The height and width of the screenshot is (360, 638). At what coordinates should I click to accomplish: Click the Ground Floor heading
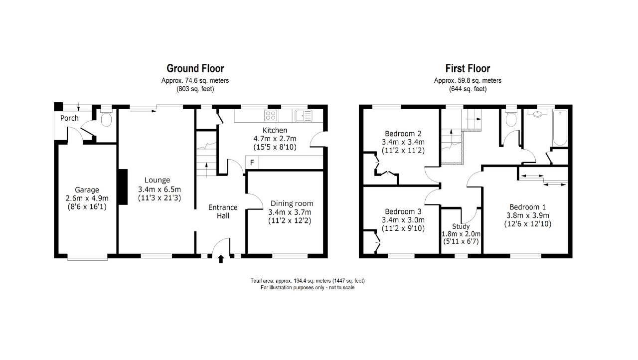tap(195, 69)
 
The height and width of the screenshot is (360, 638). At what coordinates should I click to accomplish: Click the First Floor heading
tap(468, 69)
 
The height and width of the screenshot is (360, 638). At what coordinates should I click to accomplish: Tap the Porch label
tap(69, 118)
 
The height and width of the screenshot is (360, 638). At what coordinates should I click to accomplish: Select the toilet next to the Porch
tap(107, 119)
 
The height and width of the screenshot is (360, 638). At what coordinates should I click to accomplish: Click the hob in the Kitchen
tap(271, 116)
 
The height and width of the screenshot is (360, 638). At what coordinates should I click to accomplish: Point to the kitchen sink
tap(304, 116)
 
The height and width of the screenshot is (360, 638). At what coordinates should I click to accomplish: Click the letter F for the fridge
tap(252, 163)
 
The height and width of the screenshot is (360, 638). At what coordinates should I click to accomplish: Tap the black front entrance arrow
tap(221, 259)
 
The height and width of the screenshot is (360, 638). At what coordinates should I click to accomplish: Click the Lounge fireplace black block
tap(123, 187)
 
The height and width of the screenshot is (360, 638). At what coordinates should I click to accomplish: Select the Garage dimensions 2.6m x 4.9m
tap(87, 198)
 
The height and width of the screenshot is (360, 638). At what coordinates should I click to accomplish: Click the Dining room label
tap(292, 203)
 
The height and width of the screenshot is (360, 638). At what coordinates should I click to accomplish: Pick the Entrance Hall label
tap(223, 211)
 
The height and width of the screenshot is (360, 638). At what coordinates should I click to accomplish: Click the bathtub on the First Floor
tap(560, 128)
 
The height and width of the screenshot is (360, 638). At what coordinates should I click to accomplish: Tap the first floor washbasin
tap(537, 114)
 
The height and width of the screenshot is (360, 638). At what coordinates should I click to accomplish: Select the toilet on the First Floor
tap(511, 119)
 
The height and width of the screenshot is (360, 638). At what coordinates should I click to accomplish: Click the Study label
tap(461, 226)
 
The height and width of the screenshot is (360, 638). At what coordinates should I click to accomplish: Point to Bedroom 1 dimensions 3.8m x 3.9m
tap(528, 215)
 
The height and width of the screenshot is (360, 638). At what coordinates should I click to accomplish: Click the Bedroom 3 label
tap(403, 211)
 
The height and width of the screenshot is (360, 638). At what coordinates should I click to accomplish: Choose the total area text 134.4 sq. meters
tap(308, 281)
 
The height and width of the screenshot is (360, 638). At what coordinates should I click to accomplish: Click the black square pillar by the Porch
tap(59, 107)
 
